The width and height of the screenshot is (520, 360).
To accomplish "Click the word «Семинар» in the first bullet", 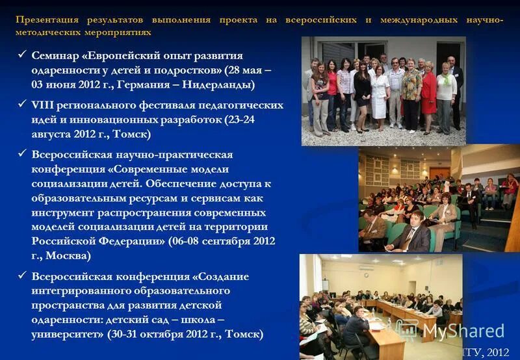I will coord(58,56).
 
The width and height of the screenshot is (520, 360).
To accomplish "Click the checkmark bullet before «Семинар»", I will coord(22,56).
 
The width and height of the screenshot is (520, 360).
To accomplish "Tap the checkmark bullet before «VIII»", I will coord(22,105).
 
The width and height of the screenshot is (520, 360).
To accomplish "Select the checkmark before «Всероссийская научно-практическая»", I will coord(22,155).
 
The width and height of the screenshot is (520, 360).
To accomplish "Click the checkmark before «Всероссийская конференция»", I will coord(22,277).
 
